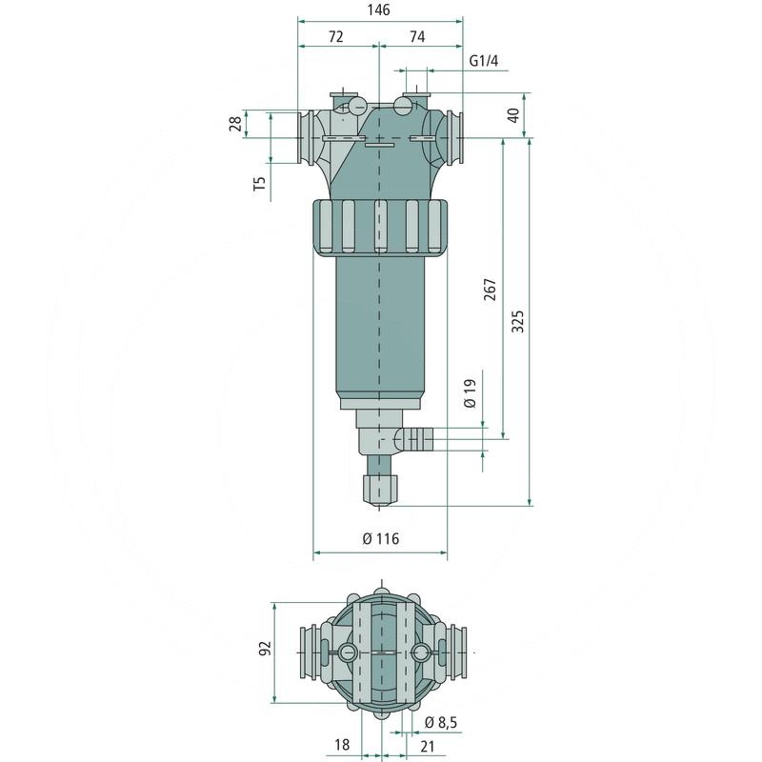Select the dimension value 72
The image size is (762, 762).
pos(336,36)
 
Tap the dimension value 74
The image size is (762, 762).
pos(417,36)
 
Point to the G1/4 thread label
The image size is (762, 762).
pos(484,62)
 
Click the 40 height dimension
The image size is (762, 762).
pos(514,114)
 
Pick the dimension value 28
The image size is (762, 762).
pos(235,125)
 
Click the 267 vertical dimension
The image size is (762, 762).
pos(490,290)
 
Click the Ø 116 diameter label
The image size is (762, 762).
pos(381,539)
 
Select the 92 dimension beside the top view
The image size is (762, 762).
pos(266,649)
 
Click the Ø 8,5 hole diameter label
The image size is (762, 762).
pos(441,722)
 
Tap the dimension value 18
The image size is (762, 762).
pos(343,745)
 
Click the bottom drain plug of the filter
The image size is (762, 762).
pos(381,489)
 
